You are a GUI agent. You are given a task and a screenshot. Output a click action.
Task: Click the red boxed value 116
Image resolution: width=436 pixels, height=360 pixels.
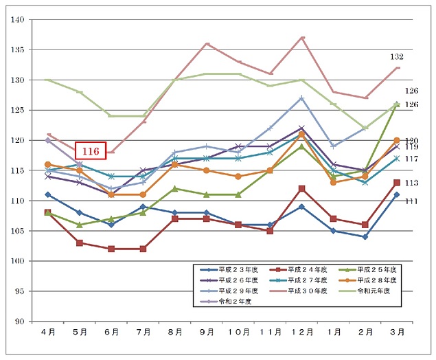point(91,150)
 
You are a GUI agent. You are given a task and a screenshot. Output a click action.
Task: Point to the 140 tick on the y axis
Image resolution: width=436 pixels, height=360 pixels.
point(16,20)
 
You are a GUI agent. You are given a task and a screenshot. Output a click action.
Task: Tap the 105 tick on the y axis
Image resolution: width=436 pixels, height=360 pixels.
point(16,231)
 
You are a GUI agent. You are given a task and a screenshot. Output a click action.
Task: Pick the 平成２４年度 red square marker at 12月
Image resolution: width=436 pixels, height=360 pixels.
point(302,188)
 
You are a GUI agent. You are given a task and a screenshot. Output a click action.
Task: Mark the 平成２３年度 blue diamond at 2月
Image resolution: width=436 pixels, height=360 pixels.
point(365,236)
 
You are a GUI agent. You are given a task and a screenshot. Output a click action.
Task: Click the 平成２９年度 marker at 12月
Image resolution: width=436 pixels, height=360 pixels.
point(302,98)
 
